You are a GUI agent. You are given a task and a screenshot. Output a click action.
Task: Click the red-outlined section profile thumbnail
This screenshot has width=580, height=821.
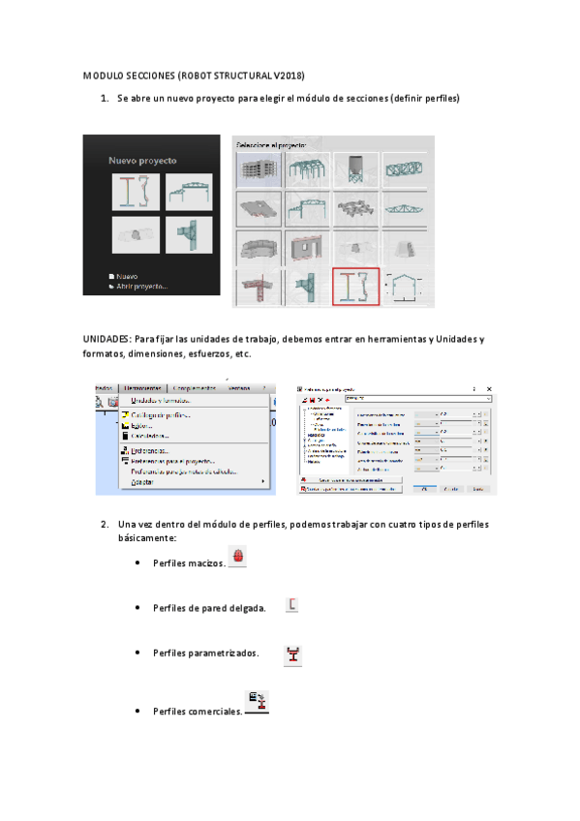355,287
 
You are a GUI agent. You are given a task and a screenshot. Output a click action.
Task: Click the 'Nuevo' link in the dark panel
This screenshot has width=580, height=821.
127,275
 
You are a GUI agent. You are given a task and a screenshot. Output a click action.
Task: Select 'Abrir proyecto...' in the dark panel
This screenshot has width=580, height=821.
141,286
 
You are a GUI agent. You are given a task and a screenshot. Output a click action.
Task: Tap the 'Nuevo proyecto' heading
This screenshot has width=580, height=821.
142,160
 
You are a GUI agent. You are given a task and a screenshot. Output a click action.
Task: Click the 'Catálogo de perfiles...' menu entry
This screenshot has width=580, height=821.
161,415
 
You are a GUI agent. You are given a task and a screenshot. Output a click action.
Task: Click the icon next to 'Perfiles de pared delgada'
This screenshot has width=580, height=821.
292,605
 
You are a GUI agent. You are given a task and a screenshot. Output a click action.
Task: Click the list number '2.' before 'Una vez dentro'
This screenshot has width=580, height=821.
104,524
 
